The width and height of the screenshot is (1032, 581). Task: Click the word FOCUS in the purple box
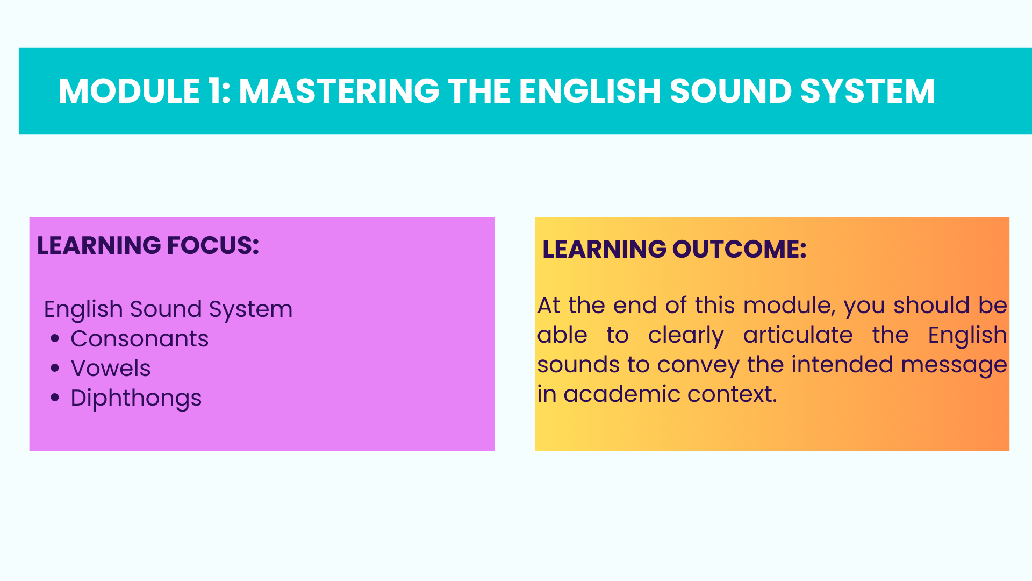click(213, 245)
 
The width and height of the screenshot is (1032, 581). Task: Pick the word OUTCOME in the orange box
click(739, 249)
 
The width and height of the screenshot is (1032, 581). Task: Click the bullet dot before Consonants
click(55, 338)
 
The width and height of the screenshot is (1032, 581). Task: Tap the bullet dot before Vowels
click(55, 368)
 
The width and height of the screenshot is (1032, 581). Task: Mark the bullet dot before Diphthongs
click(55, 398)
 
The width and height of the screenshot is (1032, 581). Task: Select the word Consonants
click(140, 339)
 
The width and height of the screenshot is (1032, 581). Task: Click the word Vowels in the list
click(111, 369)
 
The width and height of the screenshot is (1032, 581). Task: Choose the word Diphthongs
click(136, 399)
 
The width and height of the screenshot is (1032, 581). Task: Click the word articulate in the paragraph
click(798, 335)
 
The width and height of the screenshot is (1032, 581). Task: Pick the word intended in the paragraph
click(841, 364)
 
